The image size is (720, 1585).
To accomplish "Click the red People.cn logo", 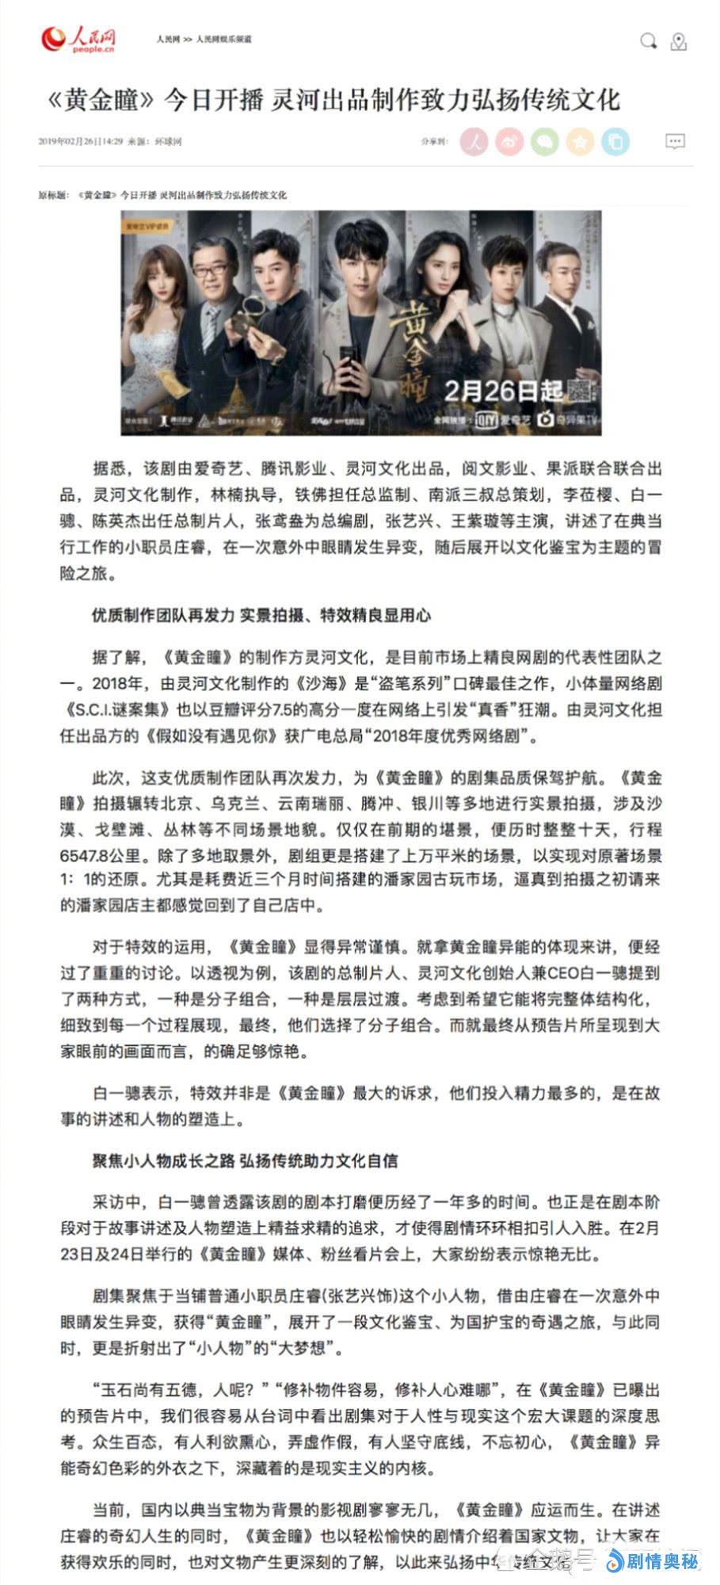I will [79, 39].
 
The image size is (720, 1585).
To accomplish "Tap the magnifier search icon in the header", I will [648, 41].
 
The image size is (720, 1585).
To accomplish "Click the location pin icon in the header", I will [678, 42].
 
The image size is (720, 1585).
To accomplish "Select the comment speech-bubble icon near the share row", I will [674, 142].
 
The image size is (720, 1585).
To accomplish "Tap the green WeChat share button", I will [545, 142].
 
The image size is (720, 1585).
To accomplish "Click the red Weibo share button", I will [509, 142].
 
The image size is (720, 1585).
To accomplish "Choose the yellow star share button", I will [580, 142].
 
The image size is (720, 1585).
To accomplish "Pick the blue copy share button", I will [615, 142].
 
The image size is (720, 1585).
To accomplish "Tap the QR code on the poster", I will [581, 391].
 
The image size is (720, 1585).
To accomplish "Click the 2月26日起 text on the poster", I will [503, 390].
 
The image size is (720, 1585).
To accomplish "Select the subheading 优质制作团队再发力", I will [163, 615].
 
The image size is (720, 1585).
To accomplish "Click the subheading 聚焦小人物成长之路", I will [163, 1161].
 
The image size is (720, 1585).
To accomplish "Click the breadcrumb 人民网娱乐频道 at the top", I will [224, 39].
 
